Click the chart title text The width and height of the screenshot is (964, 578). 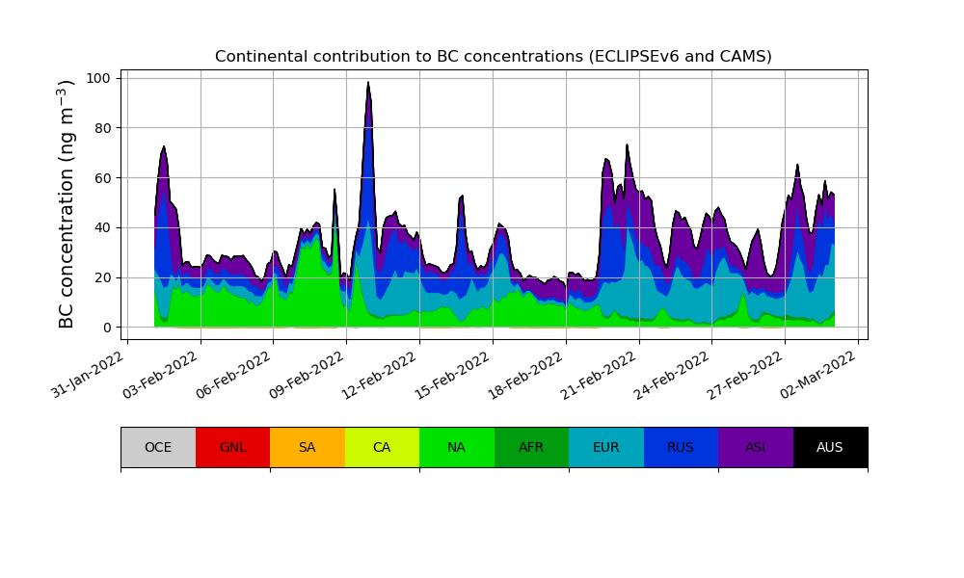coord(493,57)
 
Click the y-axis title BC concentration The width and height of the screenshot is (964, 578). coord(67,204)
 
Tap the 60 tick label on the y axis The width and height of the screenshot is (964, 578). coord(105,178)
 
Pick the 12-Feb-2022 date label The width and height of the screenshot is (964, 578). coord(381,372)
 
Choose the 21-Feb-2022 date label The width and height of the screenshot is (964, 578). coord(601,372)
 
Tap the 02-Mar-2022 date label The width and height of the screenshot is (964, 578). coord(820,372)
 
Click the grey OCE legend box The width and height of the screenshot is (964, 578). coord(158,447)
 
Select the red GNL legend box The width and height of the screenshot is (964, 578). coord(232,447)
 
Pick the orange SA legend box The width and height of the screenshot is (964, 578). coord(308,447)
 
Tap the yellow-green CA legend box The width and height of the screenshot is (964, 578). coord(382,447)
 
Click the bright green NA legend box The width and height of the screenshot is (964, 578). coord(457,447)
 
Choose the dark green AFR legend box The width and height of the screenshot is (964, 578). coord(531,447)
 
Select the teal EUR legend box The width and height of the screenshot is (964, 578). coord(606,447)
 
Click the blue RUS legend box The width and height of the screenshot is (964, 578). coord(681,447)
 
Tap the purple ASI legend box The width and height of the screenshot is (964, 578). coord(756,447)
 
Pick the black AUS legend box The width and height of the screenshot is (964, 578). coord(830,447)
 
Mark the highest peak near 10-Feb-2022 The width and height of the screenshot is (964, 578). coord(368,83)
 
